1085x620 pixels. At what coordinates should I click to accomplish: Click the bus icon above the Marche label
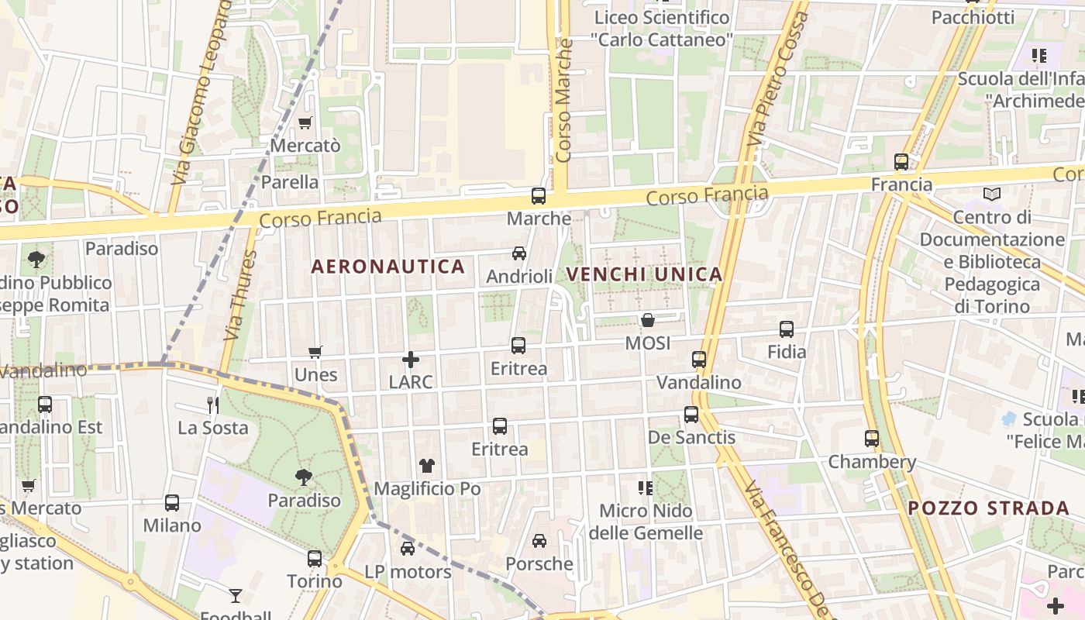539,196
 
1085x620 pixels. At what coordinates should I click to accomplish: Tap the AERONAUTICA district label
387,267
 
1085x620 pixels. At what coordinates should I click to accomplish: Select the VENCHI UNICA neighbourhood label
644,274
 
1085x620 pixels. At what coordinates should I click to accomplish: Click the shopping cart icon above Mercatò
305,123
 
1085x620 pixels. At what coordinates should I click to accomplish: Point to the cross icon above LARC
411,360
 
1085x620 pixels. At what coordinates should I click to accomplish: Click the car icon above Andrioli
519,253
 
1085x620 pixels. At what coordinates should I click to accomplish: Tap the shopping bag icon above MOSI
648,320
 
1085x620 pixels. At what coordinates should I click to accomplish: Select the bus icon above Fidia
787,329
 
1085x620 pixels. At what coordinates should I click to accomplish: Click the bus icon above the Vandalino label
699,360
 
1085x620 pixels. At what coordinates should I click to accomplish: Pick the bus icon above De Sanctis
691,415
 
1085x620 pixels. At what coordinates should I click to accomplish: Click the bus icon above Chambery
872,439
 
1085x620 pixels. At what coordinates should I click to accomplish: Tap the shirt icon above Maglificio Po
427,466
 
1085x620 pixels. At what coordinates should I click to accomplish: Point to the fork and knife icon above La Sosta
213,405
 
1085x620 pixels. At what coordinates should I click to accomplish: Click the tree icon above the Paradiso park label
305,477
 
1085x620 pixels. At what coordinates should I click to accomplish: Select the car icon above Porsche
539,541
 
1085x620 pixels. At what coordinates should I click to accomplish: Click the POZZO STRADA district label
989,508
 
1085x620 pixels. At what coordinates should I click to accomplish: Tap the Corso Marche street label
563,101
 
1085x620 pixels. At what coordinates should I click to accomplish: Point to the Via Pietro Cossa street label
767,85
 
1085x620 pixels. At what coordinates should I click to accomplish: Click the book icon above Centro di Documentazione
992,195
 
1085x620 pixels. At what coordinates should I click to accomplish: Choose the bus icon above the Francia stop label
901,162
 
